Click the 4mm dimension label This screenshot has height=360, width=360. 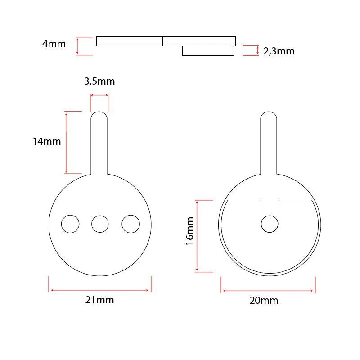pyautogui.click(x=54, y=44)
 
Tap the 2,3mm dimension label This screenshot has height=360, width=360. pyautogui.click(x=279, y=51)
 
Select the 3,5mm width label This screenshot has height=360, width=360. pyautogui.click(x=99, y=81)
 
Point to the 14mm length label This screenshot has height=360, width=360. pyautogui.click(x=46, y=141)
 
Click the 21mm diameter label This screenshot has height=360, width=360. pyautogui.click(x=99, y=300)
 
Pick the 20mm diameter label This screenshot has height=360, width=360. pyautogui.click(x=264, y=301)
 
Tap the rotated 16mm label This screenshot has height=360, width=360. pyautogui.click(x=190, y=230)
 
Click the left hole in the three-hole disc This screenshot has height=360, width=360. pyautogui.click(x=70, y=224)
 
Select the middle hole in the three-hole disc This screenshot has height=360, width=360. pyautogui.click(x=100, y=224)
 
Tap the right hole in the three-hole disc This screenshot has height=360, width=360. pyautogui.click(x=130, y=224)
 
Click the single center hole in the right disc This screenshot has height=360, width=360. pyautogui.click(x=270, y=224)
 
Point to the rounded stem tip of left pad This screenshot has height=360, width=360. pyautogui.click(x=99, y=116)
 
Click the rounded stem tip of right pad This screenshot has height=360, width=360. pyautogui.click(x=269, y=116)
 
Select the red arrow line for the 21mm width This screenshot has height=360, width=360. pyautogui.click(x=99, y=290)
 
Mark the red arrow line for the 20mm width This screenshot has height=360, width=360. pyautogui.click(x=268, y=291)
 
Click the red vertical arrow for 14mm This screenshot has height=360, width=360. pyautogui.click(x=66, y=142)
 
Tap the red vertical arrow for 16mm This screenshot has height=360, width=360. pyautogui.click(x=197, y=236)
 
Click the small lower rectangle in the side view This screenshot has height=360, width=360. pyautogui.click(x=208, y=51)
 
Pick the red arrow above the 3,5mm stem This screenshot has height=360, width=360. pyautogui.click(x=99, y=95)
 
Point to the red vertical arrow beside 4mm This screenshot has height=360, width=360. pyautogui.click(x=78, y=46)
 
